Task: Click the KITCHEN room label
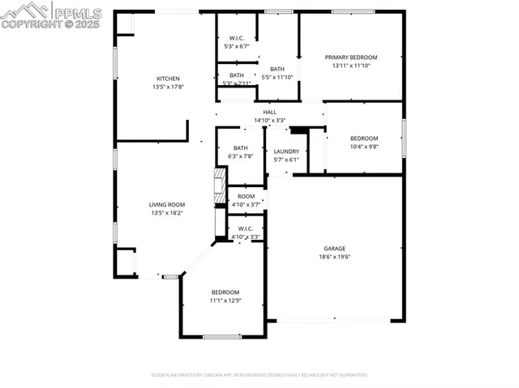[168, 79]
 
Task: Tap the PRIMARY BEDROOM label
[351, 58]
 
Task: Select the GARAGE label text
[335, 249]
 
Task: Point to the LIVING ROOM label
[167, 205]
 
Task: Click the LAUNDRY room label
[286, 151]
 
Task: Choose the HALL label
[269, 113]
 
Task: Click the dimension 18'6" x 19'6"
[335, 257]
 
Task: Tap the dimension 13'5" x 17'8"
[168, 87]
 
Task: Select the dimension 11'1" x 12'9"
[225, 301]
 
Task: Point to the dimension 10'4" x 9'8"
[364, 147]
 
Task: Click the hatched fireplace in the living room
[219, 188]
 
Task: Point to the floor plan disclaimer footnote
[259, 375]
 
